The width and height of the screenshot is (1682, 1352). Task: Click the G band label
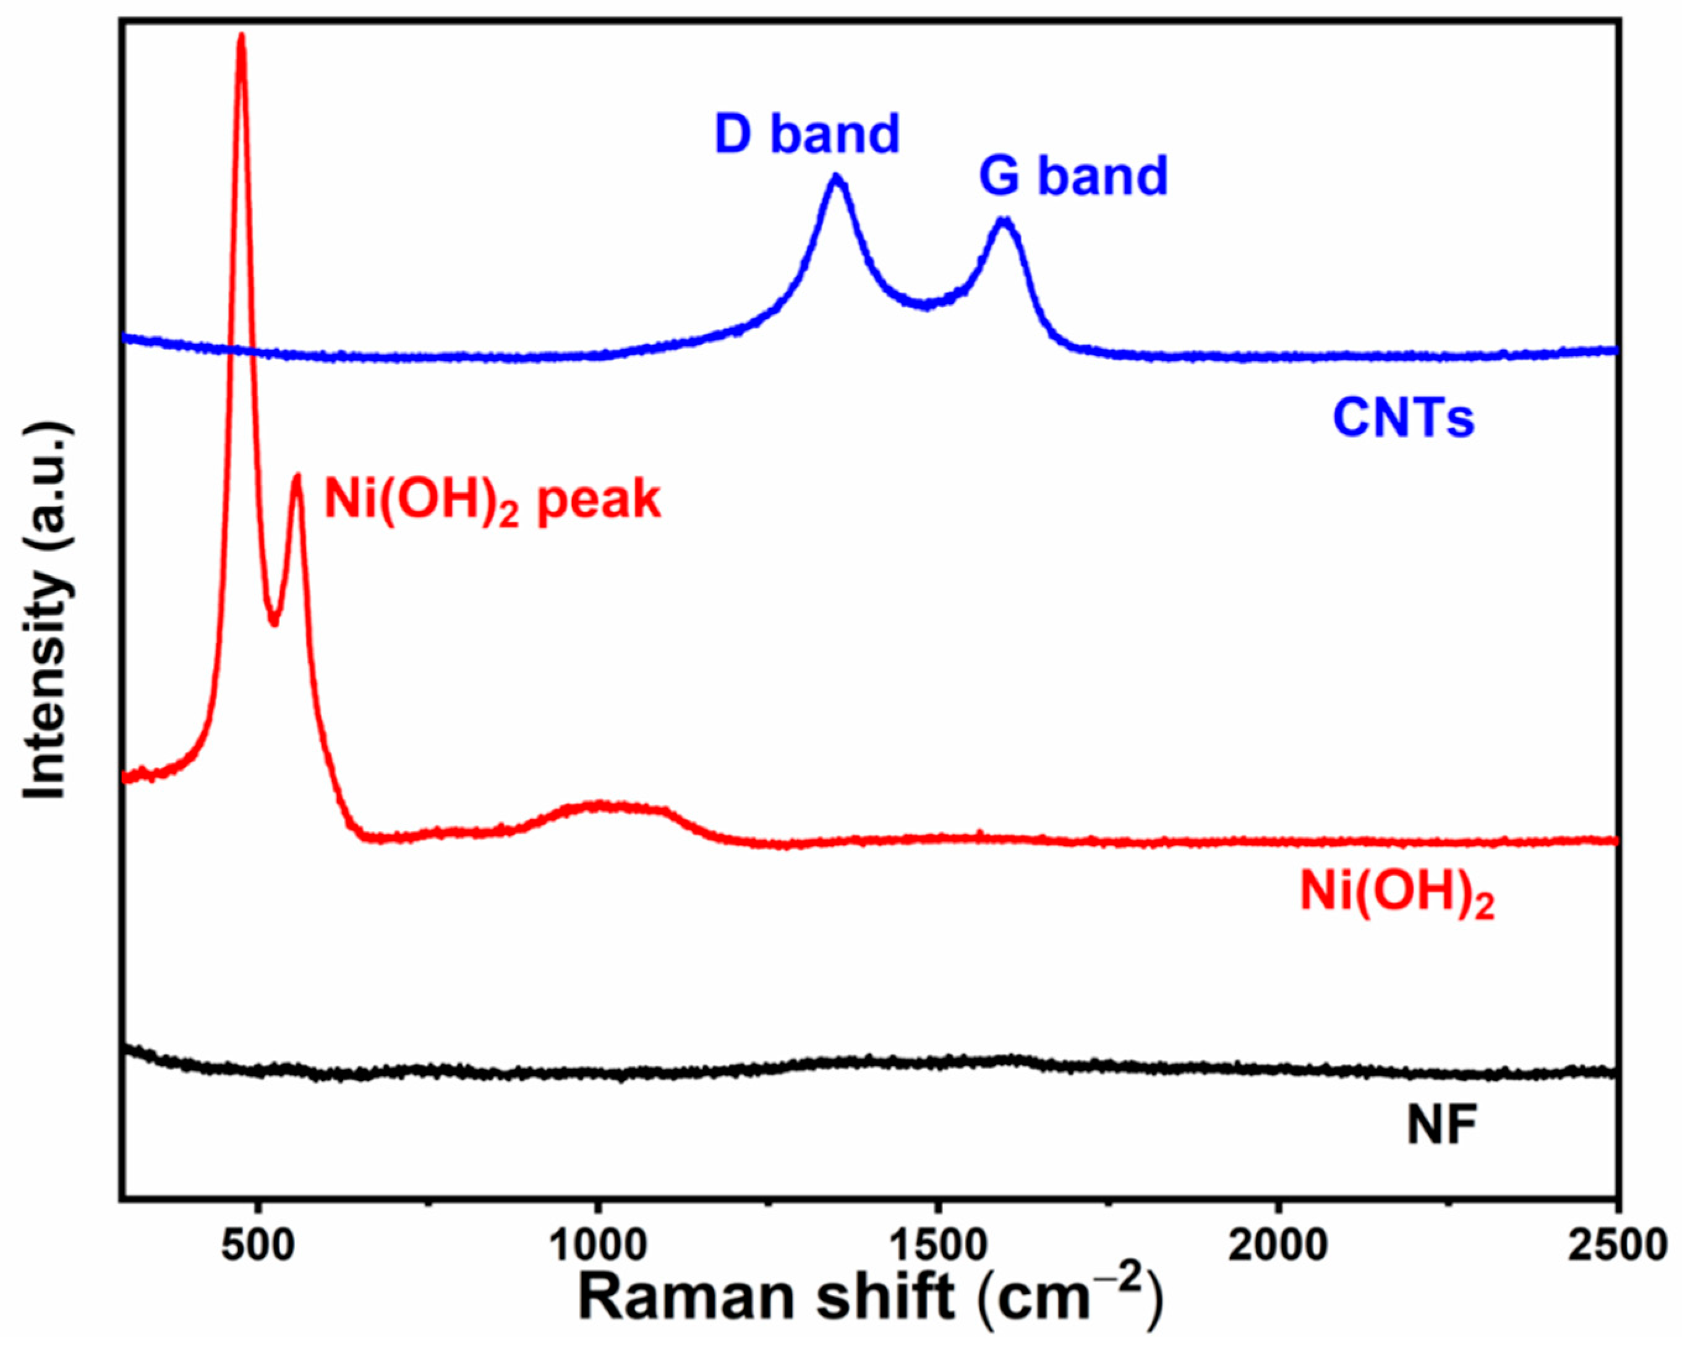(x=1074, y=176)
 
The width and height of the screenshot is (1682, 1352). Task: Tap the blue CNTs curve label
(x=1402, y=418)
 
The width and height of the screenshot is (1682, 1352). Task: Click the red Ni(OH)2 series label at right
(x=1396, y=892)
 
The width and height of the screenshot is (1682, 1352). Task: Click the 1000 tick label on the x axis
(x=597, y=1244)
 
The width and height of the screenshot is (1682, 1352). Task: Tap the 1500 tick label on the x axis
(x=937, y=1244)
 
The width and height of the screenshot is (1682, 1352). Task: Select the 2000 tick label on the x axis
(x=1278, y=1244)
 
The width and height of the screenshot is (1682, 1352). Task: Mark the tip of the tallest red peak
(x=241, y=36)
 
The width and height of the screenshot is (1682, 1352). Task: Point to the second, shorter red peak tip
(x=296, y=475)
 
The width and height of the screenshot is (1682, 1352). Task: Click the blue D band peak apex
(x=836, y=177)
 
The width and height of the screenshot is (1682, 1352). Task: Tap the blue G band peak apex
(x=1005, y=221)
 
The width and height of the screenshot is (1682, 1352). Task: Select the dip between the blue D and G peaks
(x=926, y=306)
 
